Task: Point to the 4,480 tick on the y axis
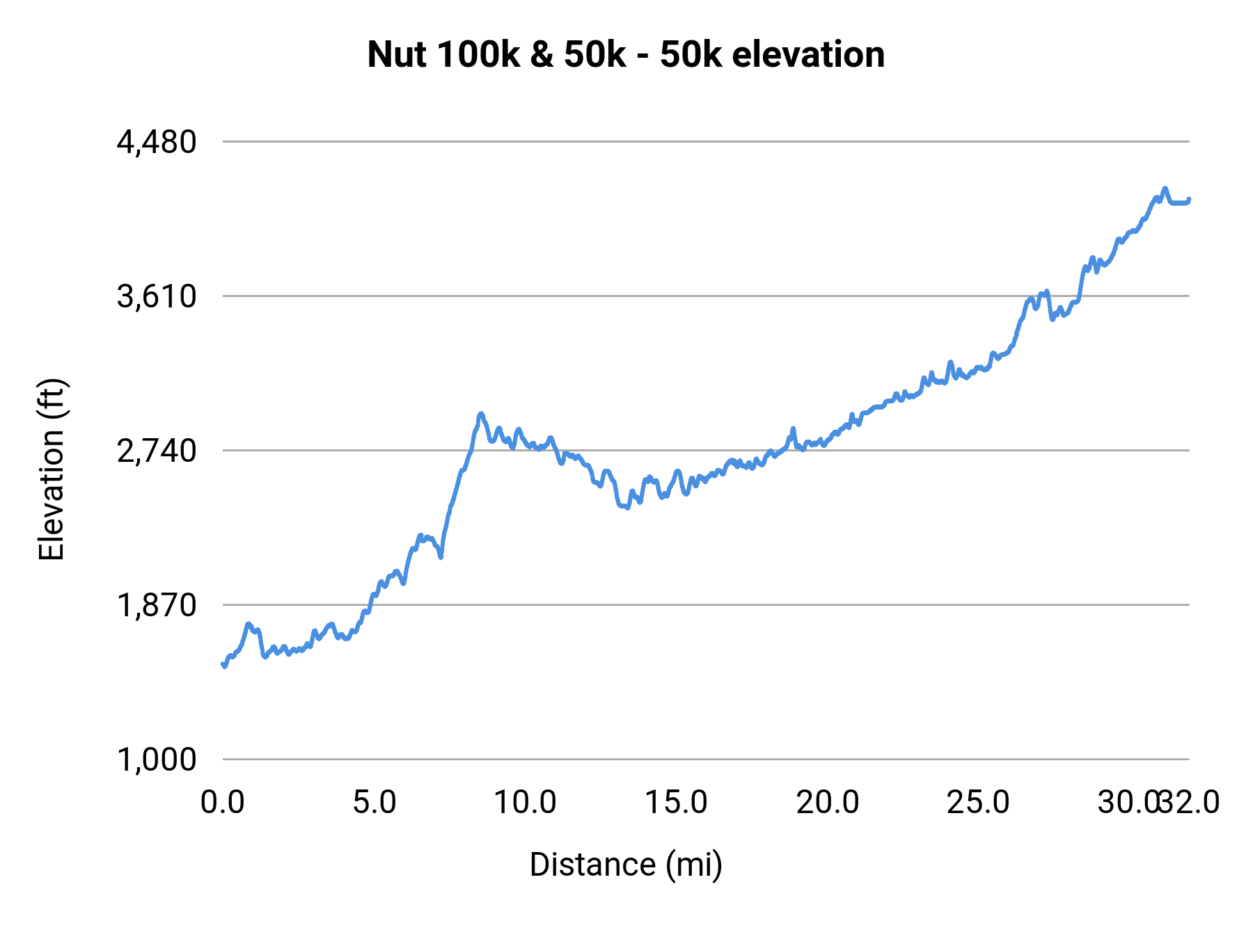(x=157, y=142)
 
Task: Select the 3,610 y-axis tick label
(x=157, y=296)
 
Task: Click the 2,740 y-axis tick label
(x=157, y=451)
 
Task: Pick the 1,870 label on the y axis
(x=157, y=605)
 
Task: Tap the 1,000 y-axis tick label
(x=157, y=760)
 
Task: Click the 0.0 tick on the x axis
(x=223, y=802)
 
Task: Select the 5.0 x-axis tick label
(x=374, y=802)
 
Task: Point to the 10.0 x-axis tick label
(x=525, y=802)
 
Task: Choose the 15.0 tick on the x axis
(x=676, y=802)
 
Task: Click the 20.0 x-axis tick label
(x=827, y=802)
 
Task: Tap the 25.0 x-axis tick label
(x=978, y=802)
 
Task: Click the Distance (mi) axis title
(x=626, y=865)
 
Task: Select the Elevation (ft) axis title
(x=51, y=469)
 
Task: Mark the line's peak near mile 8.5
(x=480, y=414)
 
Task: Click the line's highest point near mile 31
(x=1165, y=188)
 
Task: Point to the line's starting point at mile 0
(x=223, y=665)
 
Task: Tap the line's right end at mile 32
(x=1189, y=200)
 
